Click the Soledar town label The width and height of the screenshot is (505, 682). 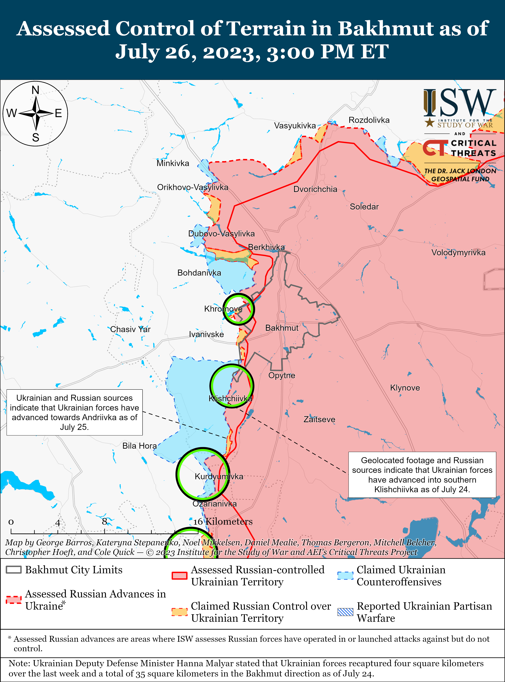point(364,207)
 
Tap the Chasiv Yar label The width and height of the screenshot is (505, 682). point(130,329)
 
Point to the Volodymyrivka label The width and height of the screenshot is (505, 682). point(458,253)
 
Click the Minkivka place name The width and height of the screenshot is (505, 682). point(173,163)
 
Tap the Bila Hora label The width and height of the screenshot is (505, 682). point(139,446)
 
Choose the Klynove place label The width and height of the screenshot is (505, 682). point(405,388)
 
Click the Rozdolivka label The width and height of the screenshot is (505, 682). point(369,120)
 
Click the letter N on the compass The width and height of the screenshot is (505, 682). point(36,90)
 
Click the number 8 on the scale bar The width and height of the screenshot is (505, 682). point(105,522)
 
